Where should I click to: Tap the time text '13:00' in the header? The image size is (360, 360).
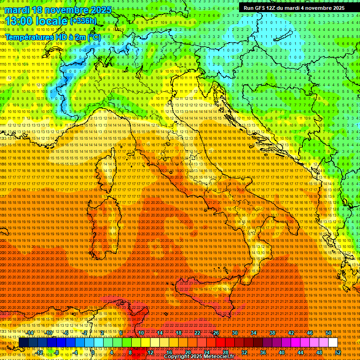click(x=19, y=21)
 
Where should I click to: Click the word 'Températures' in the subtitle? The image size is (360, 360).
click(x=28, y=37)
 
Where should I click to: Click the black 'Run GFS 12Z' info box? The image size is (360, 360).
click(x=294, y=8)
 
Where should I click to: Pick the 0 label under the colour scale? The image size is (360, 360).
click(x=92, y=352)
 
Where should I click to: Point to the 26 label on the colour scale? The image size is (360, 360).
click(x=216, y=332)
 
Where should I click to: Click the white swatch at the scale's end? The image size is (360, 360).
click(x=333, y=343)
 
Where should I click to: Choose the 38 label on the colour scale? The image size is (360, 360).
click(x=272, y=332)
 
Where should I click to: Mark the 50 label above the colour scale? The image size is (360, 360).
click(x=329, y=332)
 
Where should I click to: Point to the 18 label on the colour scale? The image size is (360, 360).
click(x=179, y=332)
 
